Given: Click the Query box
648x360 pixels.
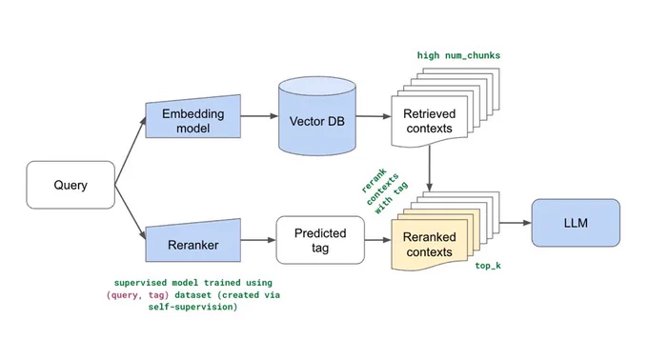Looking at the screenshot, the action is (71, 185).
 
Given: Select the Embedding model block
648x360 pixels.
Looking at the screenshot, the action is (193, 117).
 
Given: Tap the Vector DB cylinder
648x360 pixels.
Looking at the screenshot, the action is (317, 116).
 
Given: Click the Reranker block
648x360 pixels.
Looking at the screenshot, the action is (193, 241).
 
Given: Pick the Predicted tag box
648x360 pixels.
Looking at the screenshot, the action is (320, 240).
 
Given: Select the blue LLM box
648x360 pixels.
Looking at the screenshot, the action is (576, 223).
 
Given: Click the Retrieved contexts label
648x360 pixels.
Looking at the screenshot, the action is (430, 121).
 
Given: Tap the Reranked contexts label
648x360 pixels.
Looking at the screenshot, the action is (430, 245).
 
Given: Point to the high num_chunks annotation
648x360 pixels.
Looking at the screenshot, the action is (458, 55).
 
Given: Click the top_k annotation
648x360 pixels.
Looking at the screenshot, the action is (488, 266).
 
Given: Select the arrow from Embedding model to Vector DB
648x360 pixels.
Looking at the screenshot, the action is (259, 116).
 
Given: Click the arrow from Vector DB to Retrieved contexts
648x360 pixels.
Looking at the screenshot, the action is (374, 116).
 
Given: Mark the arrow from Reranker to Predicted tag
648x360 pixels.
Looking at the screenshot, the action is (258, 240).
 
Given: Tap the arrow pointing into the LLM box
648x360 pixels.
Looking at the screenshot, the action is (516, 223).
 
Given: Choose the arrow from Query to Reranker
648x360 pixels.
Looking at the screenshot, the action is (131, 212).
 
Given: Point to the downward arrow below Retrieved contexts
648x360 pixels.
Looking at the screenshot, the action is (430, 169).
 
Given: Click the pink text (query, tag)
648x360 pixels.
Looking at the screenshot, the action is (137, 295).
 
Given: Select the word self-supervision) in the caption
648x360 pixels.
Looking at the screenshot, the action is (193, 307).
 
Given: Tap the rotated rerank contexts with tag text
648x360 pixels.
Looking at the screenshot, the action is (385, 190).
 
